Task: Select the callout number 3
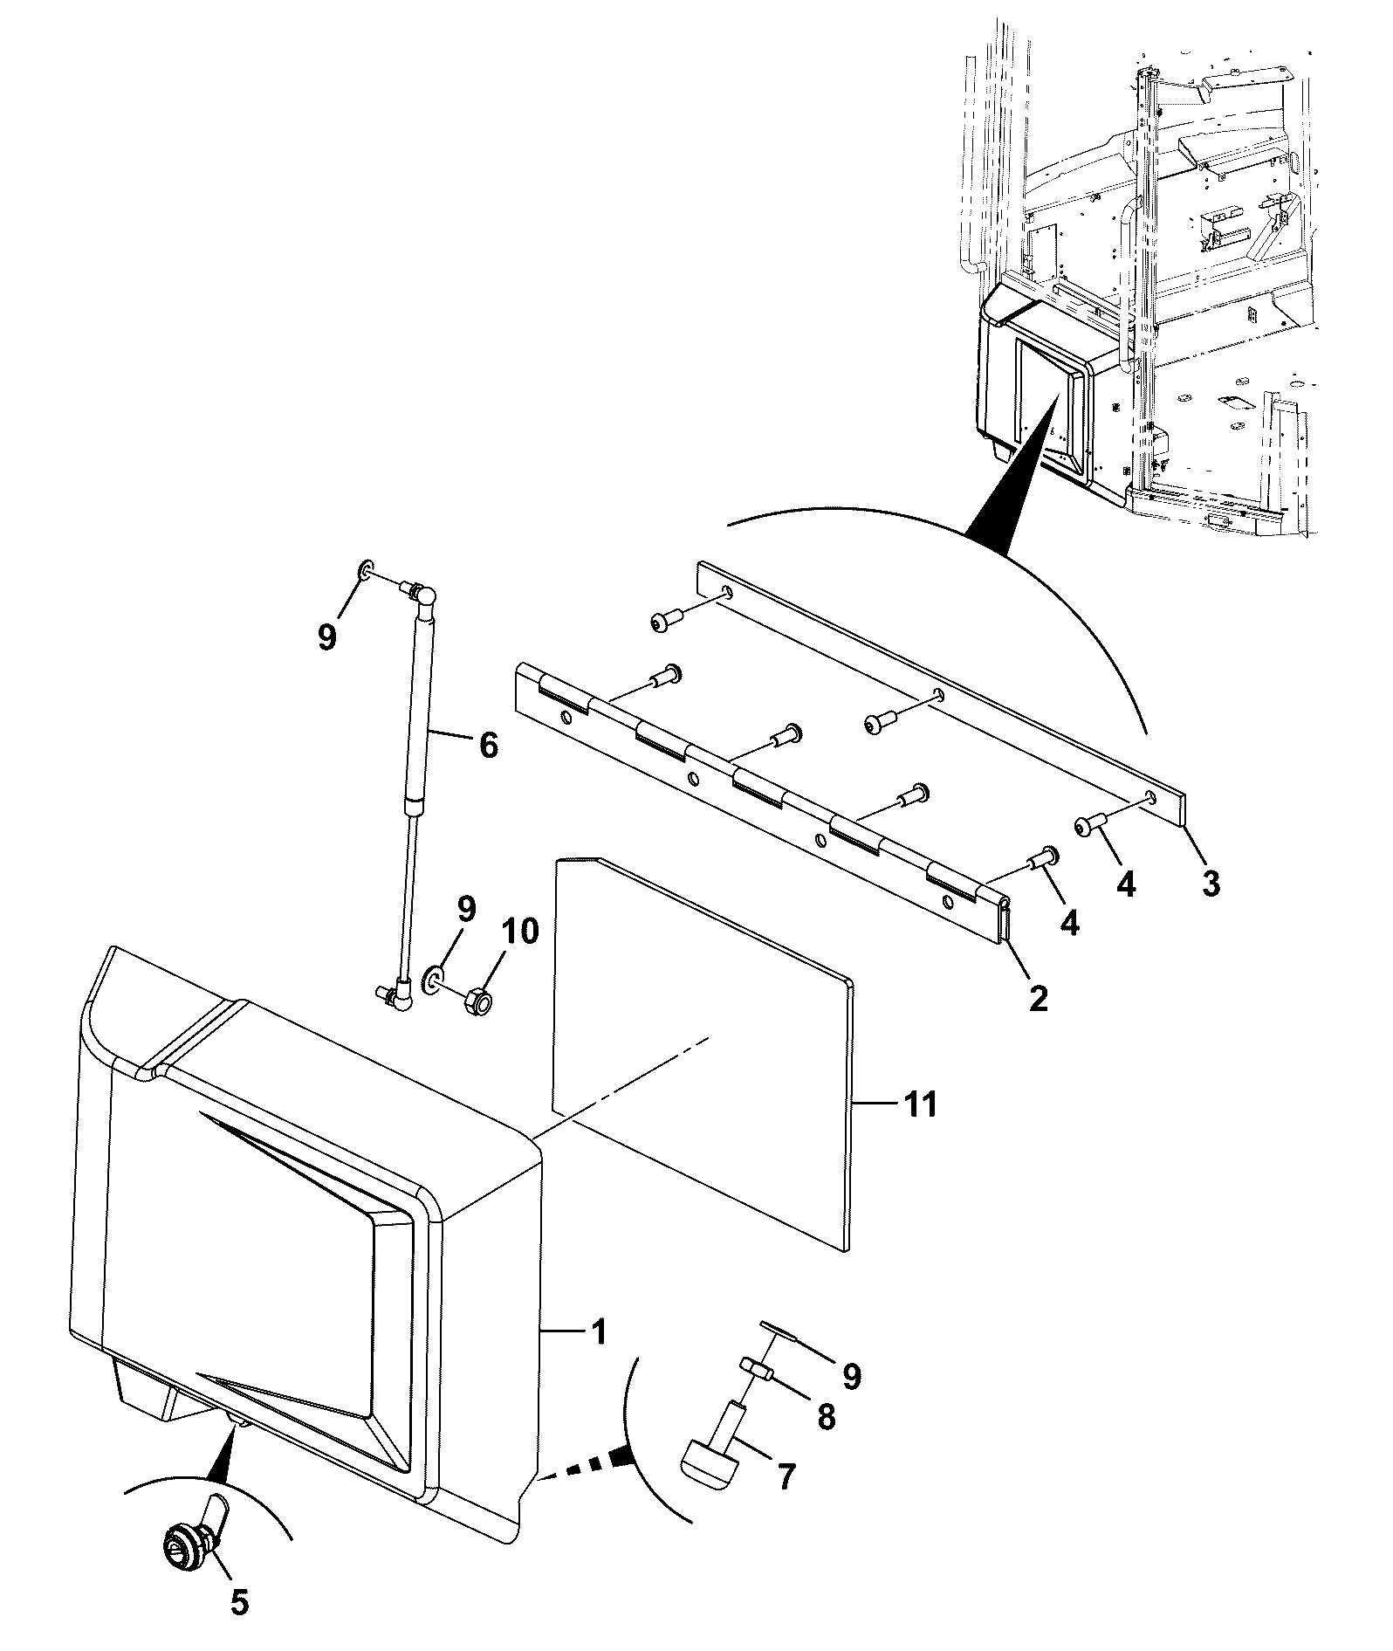click(x=1211, y=884)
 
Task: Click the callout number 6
click(x=488, y=745)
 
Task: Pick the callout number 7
click(x=786, y=1476)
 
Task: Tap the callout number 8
click(x=825, y=1416)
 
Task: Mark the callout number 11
click(x=920, y=1104)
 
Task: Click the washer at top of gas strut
click(x=366, y=571)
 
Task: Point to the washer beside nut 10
click(x=432, y=979)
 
